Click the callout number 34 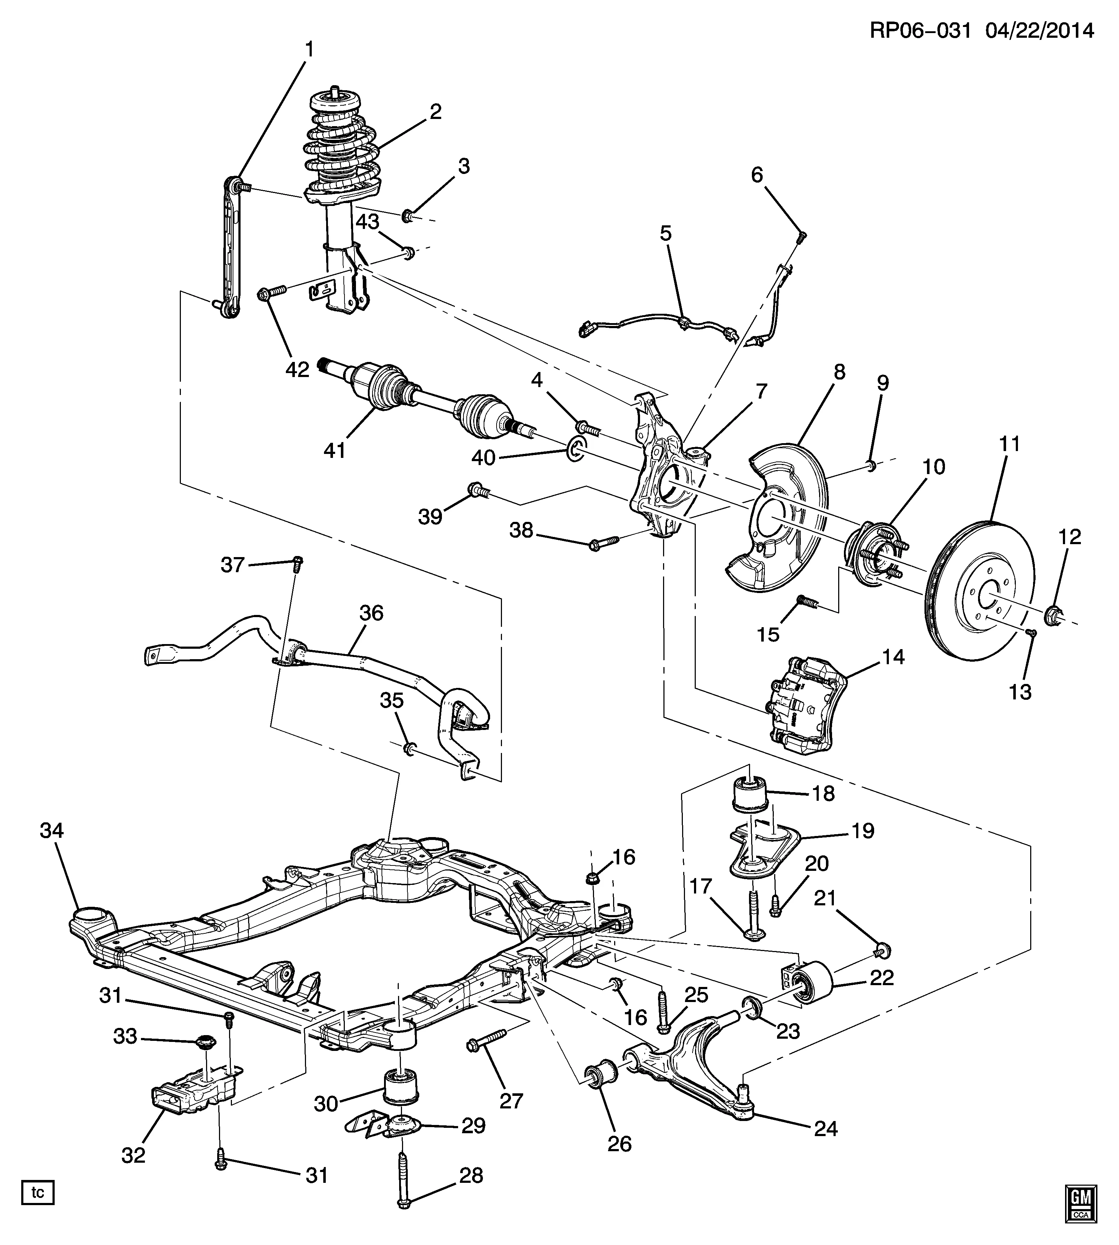pos(52,831)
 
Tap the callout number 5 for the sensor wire pos(666,234)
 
